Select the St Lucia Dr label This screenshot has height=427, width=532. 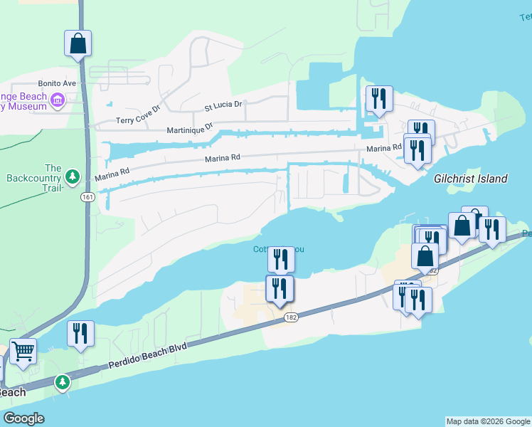point(223,105)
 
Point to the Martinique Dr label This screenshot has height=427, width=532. point(190,129)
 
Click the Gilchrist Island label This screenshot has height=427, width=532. point(471,179)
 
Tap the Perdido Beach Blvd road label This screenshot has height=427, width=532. point(147,356)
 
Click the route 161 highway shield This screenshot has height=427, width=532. point(87,196)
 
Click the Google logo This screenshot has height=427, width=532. point(23,418)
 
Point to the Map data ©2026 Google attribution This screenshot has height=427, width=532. point(488,421)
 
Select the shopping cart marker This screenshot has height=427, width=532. point(23,351)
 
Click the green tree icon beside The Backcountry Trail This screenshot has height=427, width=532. point(71,176)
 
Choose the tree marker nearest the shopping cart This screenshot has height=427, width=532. point(63,383)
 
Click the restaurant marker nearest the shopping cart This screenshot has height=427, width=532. point(80,333)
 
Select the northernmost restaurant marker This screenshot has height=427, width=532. point(378,98)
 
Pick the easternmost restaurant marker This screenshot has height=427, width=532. point(491,229)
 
